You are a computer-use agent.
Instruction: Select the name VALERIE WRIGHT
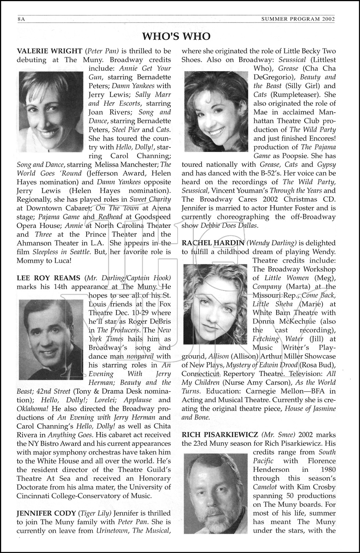click(x=49, y=51)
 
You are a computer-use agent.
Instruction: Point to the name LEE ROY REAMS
click(x=49, y=278)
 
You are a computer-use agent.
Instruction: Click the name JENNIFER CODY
click(x=46, y=513)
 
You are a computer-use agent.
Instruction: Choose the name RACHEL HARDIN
click(x=213, y=243)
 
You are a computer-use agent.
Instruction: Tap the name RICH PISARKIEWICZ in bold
click(x=220, y=434)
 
